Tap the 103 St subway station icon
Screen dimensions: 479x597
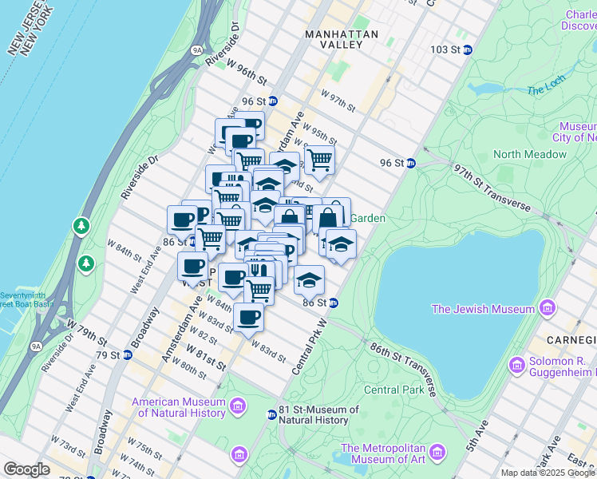[x=468, y=49]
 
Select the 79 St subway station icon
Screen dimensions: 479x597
[x=126, y=354]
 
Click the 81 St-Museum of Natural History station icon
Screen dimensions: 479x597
[x=271, y=414]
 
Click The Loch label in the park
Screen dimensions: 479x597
[x=546, y=89]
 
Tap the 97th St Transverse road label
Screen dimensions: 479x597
[x=492, y=189]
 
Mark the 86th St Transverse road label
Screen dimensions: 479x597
[x=403, y=370]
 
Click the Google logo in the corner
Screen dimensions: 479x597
[x=26, y=469]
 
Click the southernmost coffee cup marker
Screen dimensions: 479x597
[x=248, y=318]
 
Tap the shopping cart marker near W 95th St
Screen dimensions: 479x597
[x=319, y=159]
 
